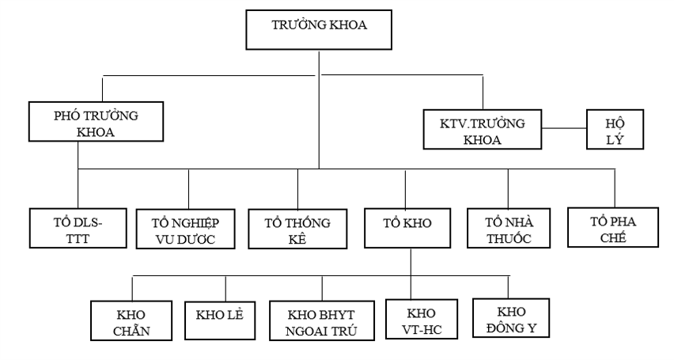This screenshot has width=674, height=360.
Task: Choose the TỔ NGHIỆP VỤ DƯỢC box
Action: point(187,229)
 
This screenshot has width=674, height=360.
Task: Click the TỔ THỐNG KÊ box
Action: point(298,229)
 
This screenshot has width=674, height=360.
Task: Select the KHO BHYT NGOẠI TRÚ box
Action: point(321,320)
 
